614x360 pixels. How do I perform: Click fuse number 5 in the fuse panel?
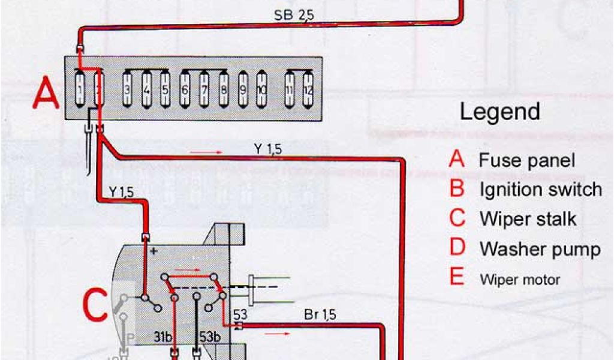165,90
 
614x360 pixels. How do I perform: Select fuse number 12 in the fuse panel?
308,90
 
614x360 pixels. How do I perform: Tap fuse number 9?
243,90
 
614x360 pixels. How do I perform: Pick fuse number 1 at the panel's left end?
80,90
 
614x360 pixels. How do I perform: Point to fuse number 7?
204,90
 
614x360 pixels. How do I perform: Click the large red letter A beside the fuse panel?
46,94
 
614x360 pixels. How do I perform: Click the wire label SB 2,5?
294,16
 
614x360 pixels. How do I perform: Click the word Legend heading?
499,112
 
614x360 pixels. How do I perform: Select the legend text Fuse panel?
526,160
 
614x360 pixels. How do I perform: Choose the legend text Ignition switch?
540,190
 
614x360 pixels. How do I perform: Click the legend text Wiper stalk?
528,219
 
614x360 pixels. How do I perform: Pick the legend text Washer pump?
539,248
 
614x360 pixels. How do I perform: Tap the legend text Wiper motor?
520,280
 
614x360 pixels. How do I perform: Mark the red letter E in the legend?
457,277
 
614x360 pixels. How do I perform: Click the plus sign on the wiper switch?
153,251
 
